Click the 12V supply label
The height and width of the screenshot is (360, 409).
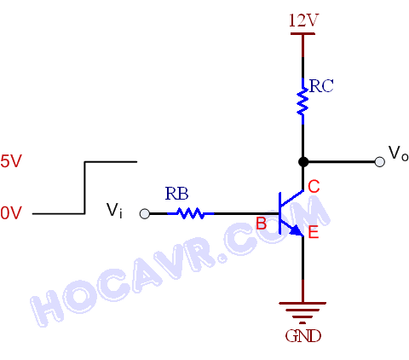click(x=303, y=20)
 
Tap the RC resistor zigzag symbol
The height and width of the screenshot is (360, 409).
click(x=302, y=102)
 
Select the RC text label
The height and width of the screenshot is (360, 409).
click(x=321, y=86)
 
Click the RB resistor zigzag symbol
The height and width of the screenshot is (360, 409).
click(x=191, y=213)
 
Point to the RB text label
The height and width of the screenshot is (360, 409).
click(x=176, y=194)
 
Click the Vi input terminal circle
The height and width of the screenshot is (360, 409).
click(x=145, y=213)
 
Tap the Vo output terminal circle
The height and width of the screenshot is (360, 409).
click(x=380, y=162)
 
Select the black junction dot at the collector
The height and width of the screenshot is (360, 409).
click(x=303, y=162)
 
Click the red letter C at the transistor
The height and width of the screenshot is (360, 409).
click(x=314, y=187)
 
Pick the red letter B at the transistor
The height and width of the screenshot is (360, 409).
click(x=262, y=224)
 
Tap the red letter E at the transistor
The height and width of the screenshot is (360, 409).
click(x=314, y=233)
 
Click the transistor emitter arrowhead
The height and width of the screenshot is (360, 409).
click(x=296, y=230)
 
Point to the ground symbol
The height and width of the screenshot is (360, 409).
click(x=302, y=313)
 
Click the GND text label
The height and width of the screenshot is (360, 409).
click(x=303, y=336)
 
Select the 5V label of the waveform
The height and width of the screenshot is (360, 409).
click(x=11, y=161)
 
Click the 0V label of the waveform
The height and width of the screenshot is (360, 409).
click(x=11, y=213)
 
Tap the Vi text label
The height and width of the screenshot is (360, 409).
click(x=114, y=211)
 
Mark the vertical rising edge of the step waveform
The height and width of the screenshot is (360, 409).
click(x=84, y=188)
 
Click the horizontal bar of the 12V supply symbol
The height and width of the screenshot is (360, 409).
click(x=302, y=33)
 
